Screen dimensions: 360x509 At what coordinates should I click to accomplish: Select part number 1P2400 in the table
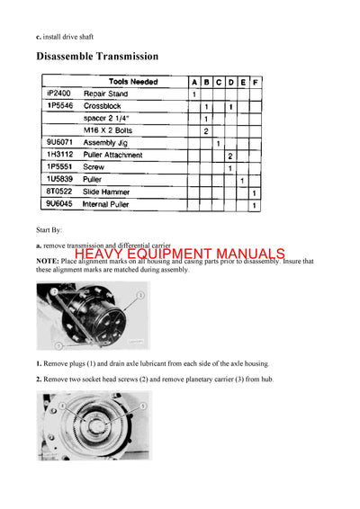pos(57,94)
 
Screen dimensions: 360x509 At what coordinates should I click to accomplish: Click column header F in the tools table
pos(256,82)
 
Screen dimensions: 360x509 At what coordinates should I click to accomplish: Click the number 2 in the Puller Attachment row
pos(230,156)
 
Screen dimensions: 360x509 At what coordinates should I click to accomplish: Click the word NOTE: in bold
pos(50,262)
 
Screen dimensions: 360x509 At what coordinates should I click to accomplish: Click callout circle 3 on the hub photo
pos(141,295)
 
